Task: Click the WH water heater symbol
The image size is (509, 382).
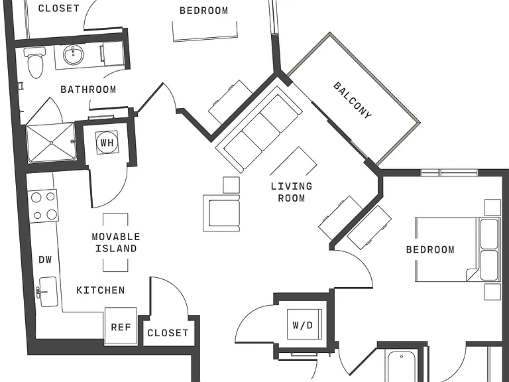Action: tap(107, 143)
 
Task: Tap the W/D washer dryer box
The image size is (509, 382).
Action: tap(304, 324)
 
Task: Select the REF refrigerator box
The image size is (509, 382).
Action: tap(121, 326)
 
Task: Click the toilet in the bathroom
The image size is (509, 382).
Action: tap(35, 62)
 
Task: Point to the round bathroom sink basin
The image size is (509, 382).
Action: tap(73, 54)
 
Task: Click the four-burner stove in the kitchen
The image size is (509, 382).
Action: tap(44, 206)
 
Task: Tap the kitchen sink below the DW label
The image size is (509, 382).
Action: tap(48, 292)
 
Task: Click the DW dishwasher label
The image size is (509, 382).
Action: tap(45, 259)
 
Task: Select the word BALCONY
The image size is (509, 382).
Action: tap(352, 100)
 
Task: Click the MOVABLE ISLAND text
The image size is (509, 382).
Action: tap(116, 242)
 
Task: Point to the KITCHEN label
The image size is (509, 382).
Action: tap(100, 290)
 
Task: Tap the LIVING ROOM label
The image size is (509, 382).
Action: tap(292, 192)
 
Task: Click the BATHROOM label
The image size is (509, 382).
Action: tap(88, 90)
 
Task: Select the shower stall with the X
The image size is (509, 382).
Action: tap(51, 143)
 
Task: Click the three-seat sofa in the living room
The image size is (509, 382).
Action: tap(259, 129)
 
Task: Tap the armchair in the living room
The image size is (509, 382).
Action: tap(221, 213)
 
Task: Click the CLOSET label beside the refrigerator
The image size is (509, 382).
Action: tap(168, 333)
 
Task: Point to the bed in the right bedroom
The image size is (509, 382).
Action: tap(458, 249)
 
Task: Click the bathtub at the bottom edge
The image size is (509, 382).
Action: tap(401, 366)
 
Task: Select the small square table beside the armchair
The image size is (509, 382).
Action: tap(231, 184)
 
